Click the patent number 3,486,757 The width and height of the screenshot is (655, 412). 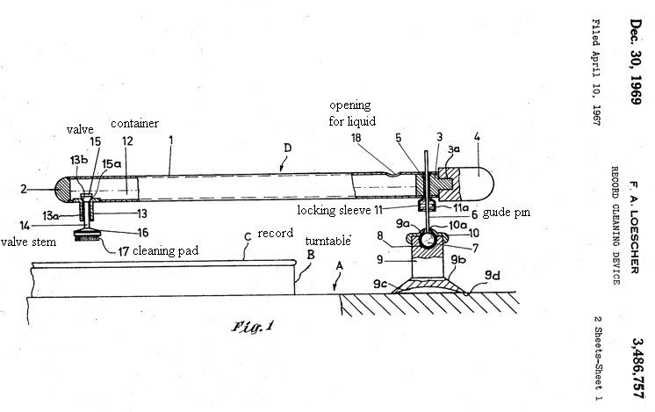click(x=637, y=368)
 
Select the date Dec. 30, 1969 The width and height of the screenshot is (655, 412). click(x=637, y=61)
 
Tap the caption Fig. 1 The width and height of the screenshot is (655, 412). click(x=253, y=326)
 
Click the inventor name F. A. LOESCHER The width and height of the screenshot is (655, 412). click(x=635, y=228)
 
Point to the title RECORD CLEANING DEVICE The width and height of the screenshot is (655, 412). click(x=615, y=226)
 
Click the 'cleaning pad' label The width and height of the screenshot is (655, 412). click(x=165, y=250)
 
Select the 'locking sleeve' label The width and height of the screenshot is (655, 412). click(x=334, y=210)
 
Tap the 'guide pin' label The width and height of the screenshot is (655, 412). click(x=507, y=213)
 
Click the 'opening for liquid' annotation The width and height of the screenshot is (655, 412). click(x=352, y=113)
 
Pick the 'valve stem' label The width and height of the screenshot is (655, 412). click(x=28, y=242)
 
